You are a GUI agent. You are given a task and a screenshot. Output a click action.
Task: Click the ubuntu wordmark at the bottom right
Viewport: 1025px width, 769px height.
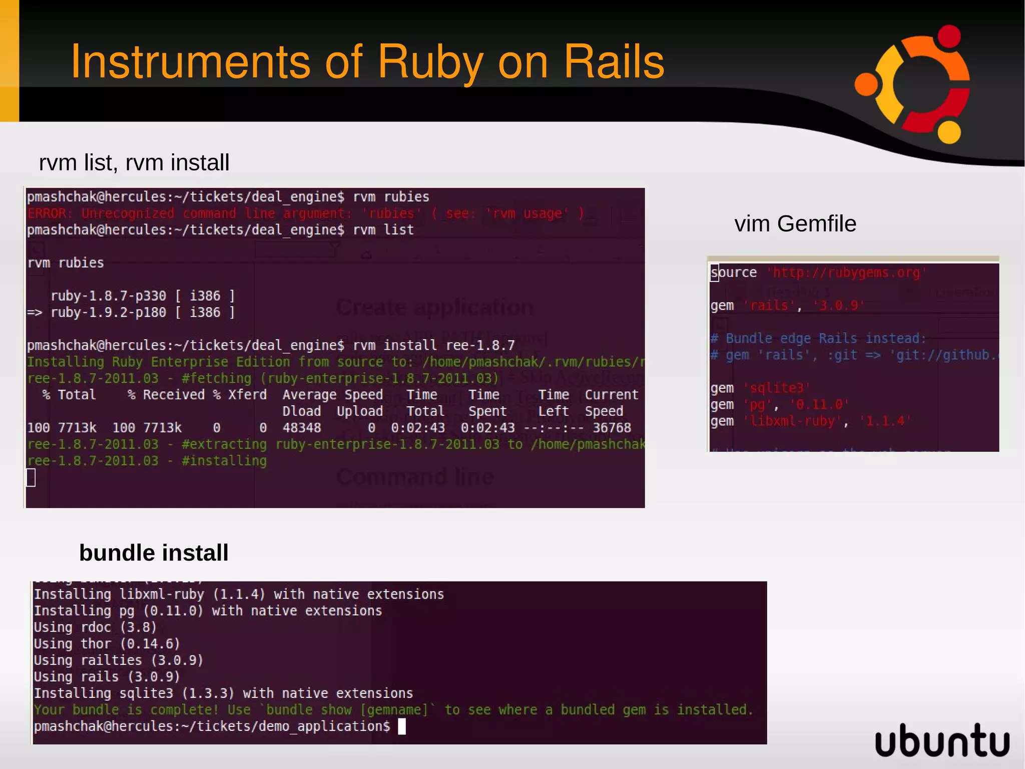(x=942, y=740)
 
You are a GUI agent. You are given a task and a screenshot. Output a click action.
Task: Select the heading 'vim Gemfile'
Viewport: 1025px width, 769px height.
(x=795, y=223)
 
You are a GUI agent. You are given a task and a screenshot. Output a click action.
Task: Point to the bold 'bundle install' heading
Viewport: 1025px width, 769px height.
(x=154, y=553)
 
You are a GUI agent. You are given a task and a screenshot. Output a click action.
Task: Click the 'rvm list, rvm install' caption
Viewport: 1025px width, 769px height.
(x=134, y=162)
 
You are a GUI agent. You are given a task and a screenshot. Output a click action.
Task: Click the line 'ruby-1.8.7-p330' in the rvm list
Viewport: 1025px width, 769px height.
(x=108, y=296)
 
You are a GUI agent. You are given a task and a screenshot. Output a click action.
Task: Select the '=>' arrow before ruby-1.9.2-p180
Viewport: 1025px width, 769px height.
(x=35, y=312)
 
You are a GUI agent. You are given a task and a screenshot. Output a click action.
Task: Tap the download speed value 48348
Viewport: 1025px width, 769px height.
(x=301, y=427)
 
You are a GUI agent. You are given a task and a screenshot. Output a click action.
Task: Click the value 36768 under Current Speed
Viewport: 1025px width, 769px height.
(x=612, y=427)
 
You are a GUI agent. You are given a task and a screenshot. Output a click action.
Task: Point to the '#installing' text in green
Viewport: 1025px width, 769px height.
(x=224, y=460)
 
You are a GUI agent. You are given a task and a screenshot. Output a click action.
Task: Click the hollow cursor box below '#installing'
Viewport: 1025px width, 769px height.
(x=31, y=477)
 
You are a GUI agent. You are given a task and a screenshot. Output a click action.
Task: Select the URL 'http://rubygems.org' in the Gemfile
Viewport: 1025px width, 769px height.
(x=846, y=273)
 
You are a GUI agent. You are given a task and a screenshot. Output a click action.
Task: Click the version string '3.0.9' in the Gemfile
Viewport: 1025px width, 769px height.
(x=838, y=306)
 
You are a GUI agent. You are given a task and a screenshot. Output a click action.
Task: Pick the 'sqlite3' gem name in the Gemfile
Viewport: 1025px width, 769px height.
(x=776, y=388)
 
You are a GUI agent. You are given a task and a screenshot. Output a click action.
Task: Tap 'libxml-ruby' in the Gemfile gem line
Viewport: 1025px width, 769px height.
(x=792, y=421)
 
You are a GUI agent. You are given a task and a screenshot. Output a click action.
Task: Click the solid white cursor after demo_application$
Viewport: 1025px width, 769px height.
(x=402, y=726)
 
